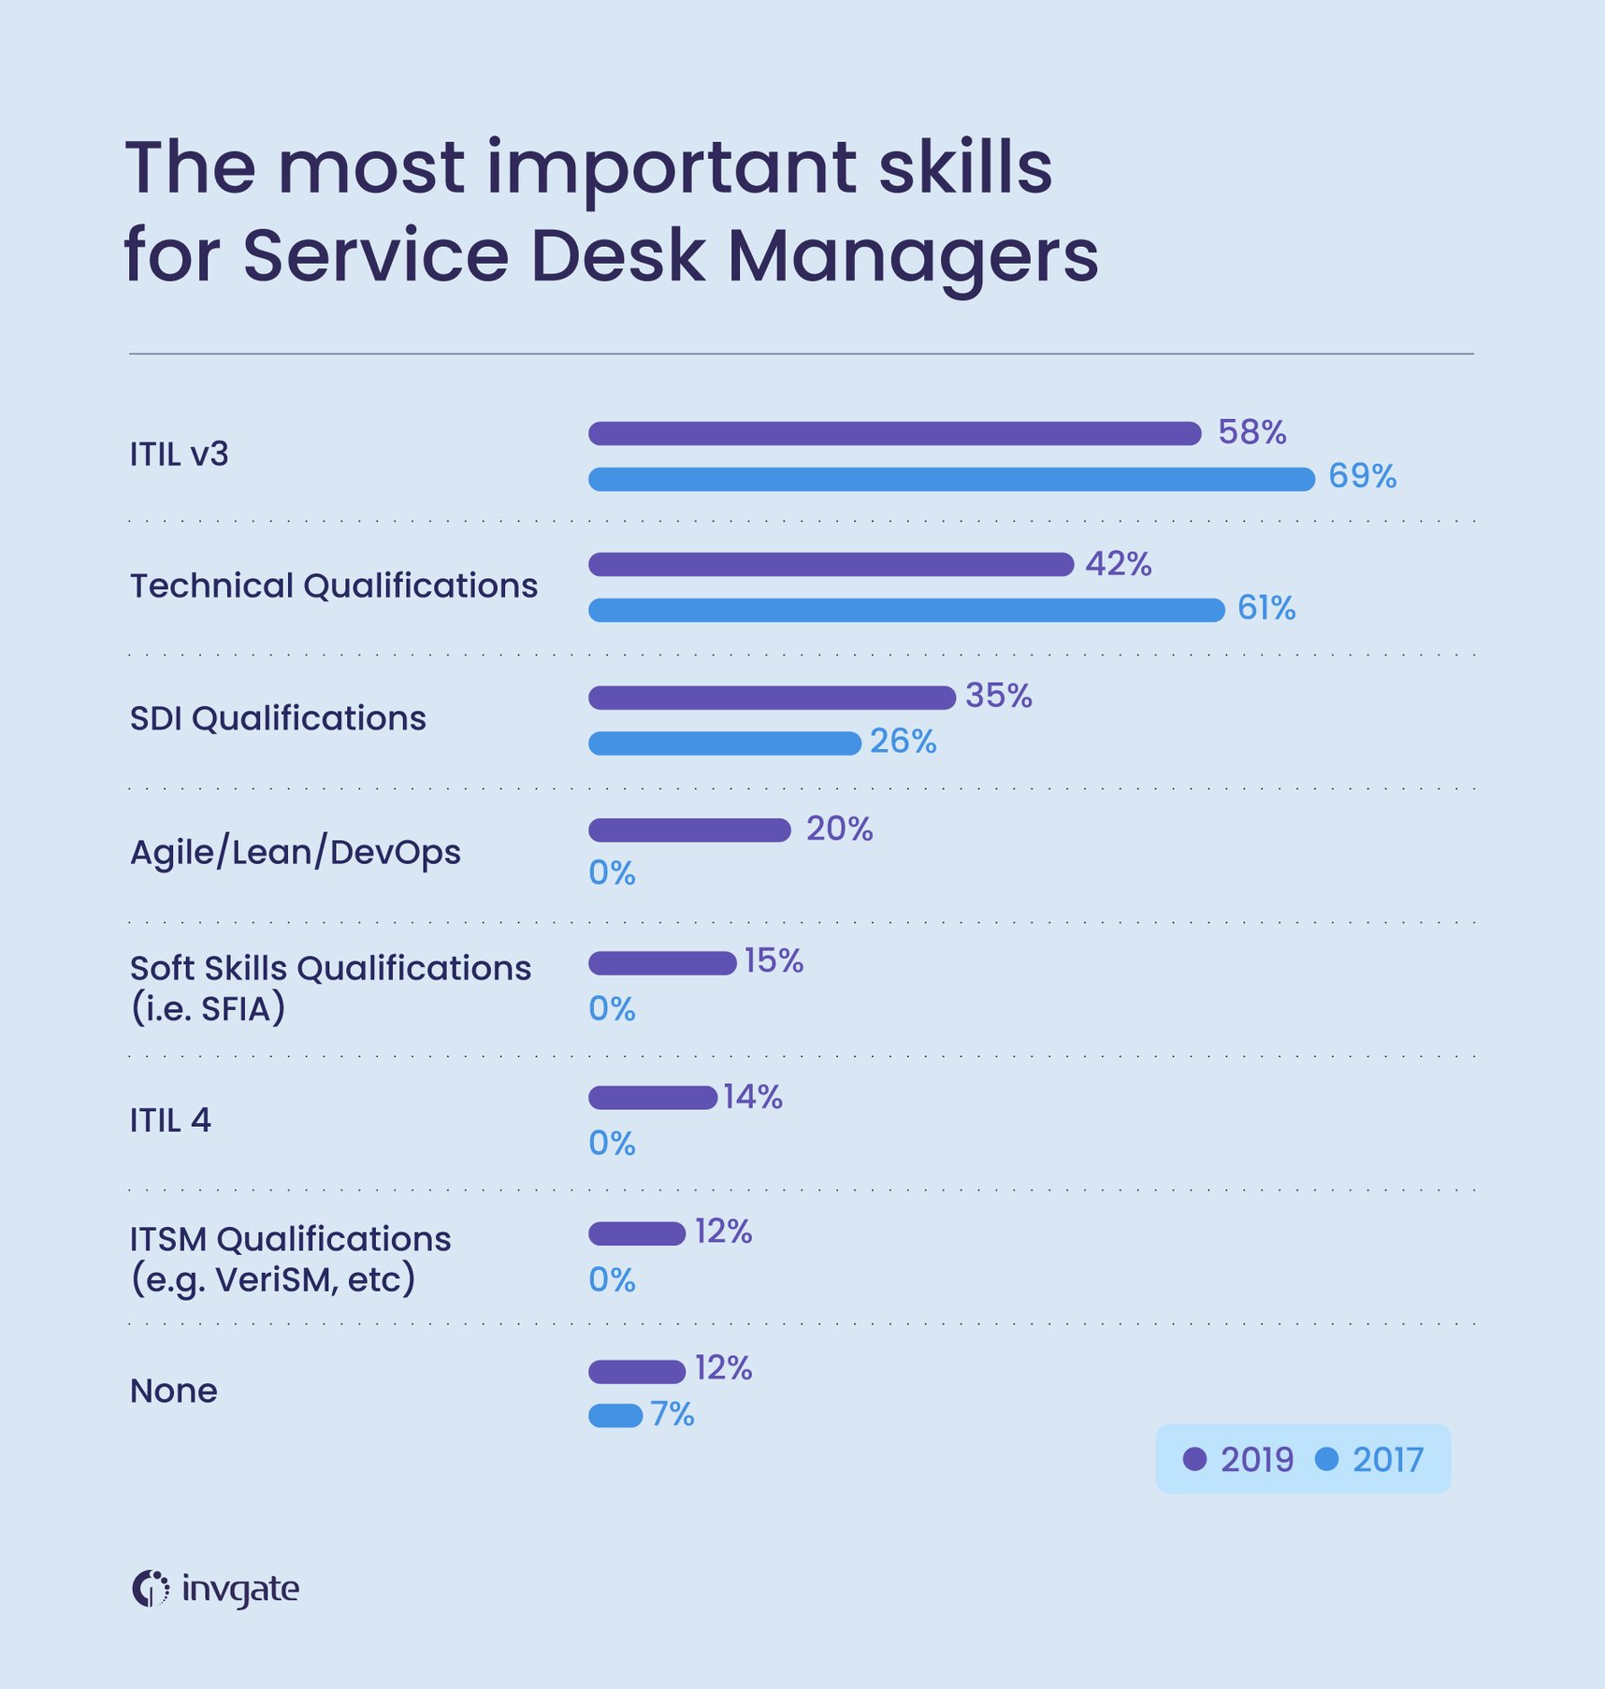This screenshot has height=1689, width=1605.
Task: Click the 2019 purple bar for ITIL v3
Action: [x=894, y=433]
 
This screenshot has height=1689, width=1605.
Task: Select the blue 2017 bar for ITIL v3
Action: [x=951, y=479]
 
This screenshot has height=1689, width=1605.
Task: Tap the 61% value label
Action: [x=1265, y=609]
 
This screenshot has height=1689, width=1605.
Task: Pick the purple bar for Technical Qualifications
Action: [x=831, y=564]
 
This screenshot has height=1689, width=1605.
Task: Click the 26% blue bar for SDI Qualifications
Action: [x=724, y=743]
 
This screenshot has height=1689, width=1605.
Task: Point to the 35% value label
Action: [x=998, y=696]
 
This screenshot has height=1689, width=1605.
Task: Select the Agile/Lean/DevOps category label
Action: [x=296, y=852]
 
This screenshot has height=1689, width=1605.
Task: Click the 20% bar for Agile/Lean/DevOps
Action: [x=689, y=830]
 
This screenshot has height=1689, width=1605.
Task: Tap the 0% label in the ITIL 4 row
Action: [x=612, y=1143]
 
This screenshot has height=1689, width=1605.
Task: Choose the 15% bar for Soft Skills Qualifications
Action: [x=662, y=962]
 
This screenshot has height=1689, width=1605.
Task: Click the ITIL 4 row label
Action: [x=170, y=1119]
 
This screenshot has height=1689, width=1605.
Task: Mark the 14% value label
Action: [x=752, y=1096]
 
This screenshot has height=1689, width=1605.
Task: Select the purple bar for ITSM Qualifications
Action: [x=637, y=1234]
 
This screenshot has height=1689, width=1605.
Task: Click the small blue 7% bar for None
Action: [x=615, y=1416]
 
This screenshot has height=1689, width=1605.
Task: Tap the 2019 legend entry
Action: [x=1238, y=1459]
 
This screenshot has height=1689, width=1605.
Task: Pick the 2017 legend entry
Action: [x=1369, y=1459]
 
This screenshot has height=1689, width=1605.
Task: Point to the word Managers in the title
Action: [x=912, y=255]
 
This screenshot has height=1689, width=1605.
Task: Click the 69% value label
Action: [x=1362, y=477]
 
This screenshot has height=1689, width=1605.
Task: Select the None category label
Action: [x=174, y=1391]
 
